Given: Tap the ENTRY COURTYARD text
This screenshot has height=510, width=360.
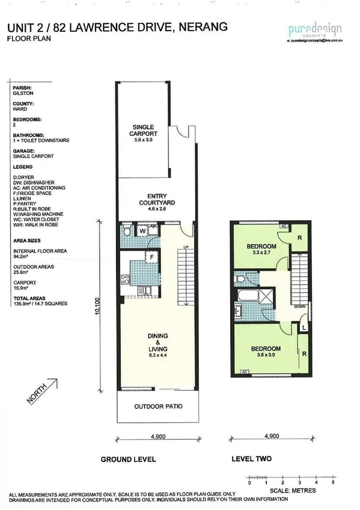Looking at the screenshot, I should click(x=161, y=199).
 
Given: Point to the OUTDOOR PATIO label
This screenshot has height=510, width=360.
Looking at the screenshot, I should click(x=158, y=406).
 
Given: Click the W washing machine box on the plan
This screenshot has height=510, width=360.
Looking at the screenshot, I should click(x=143, y=230).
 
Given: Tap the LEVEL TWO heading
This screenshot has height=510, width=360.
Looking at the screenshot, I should click(x=251, y=459).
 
